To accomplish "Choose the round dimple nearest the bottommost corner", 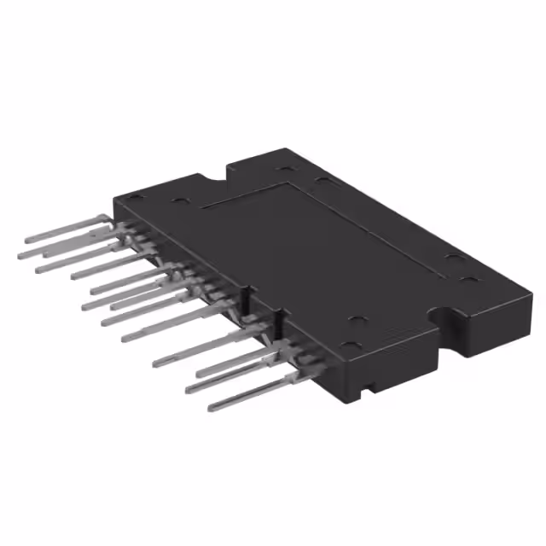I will [x=357, y=346].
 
